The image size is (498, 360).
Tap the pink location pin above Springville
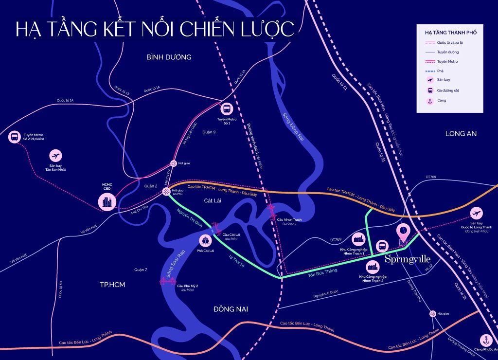[x=404, y=232]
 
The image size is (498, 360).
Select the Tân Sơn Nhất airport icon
[x=56, y=156]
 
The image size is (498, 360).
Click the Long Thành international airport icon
[x=477, y=214]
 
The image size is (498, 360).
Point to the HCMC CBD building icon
[x=107, y=201]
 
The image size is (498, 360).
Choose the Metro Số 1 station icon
[x=227, y=109]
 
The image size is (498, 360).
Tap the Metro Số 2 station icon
[x=15, y=137]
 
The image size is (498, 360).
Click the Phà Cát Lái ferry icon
[x=205, y=240]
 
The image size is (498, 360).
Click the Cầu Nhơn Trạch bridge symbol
[x=271, y=210]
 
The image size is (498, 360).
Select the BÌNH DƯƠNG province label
[x=169, y=57]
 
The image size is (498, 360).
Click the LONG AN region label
[x=461, y=133]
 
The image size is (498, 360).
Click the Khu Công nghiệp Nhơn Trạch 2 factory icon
[x=373, y=266]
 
